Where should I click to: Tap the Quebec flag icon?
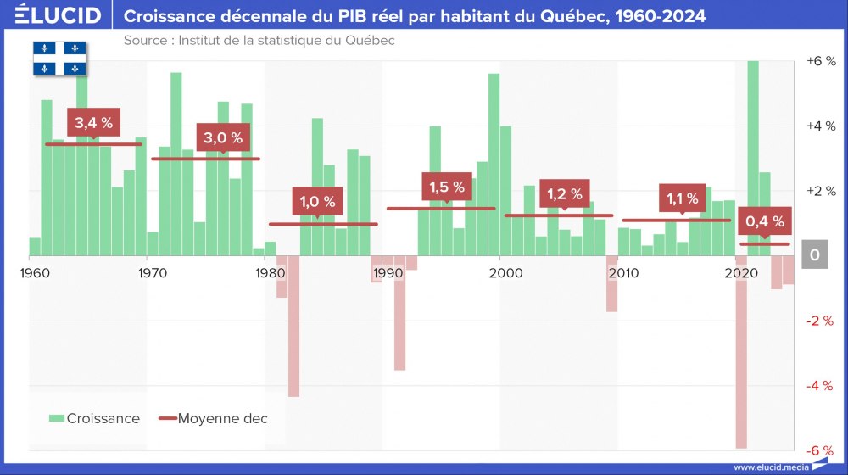(60, 58)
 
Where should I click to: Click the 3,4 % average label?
(93, 123)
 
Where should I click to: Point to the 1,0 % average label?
(318, 202)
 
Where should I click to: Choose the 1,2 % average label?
(564, 194)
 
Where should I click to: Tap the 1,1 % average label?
(682, 199)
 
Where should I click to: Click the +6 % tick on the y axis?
(820, 61)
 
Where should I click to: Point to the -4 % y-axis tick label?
(820, 385)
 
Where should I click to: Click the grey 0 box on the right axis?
(814, 255)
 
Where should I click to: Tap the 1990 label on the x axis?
(388, 273)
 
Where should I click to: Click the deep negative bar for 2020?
(741, 351)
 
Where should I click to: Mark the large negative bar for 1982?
(293, 326)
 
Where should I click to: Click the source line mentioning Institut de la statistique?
(259, 41)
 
